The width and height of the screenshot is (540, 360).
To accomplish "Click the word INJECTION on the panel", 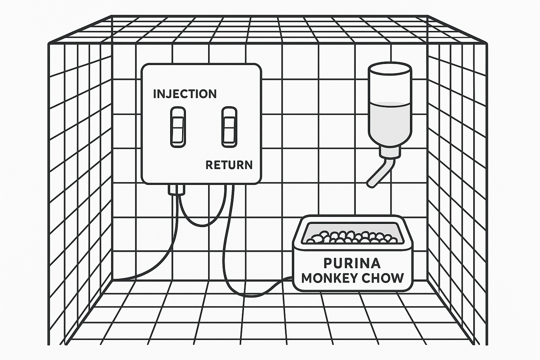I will click(185, 94).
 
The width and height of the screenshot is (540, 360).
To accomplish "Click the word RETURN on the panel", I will click(229, 165).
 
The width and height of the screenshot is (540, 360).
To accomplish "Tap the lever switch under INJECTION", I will click(178, 127).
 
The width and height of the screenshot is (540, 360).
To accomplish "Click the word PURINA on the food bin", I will click(352, 263).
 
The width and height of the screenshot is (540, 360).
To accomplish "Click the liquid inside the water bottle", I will click(389, 120).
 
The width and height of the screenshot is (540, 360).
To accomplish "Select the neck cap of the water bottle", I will click(390, 152).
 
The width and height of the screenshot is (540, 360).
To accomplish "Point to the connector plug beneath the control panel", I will click(176, 189).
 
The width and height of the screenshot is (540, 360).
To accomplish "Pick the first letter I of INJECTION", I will click(155, 94).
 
